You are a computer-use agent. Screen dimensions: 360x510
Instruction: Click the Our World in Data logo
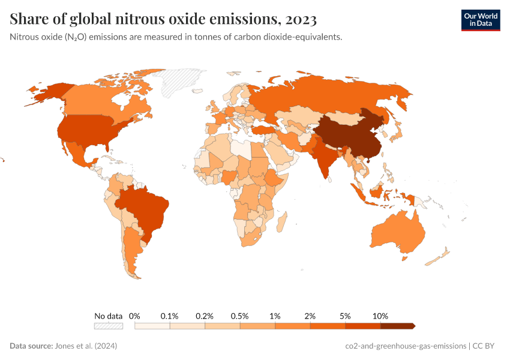point(480,20)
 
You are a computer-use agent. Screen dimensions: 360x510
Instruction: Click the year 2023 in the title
point(297,19)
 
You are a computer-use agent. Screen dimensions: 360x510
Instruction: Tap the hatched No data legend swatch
point(108,326)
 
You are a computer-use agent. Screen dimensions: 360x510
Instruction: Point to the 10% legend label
point(380,316)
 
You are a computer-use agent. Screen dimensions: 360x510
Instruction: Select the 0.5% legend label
point(240,316)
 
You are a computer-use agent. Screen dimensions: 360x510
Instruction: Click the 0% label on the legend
point(134,316)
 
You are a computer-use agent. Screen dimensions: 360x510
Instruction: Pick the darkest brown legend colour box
point(397,326)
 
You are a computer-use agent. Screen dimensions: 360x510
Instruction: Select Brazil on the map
point(144,207)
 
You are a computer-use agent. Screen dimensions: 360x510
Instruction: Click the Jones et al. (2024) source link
point(86,346)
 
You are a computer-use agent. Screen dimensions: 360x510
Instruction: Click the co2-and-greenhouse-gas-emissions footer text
point(406,346)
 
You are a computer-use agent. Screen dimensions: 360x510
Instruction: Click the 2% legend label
point(310,316)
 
